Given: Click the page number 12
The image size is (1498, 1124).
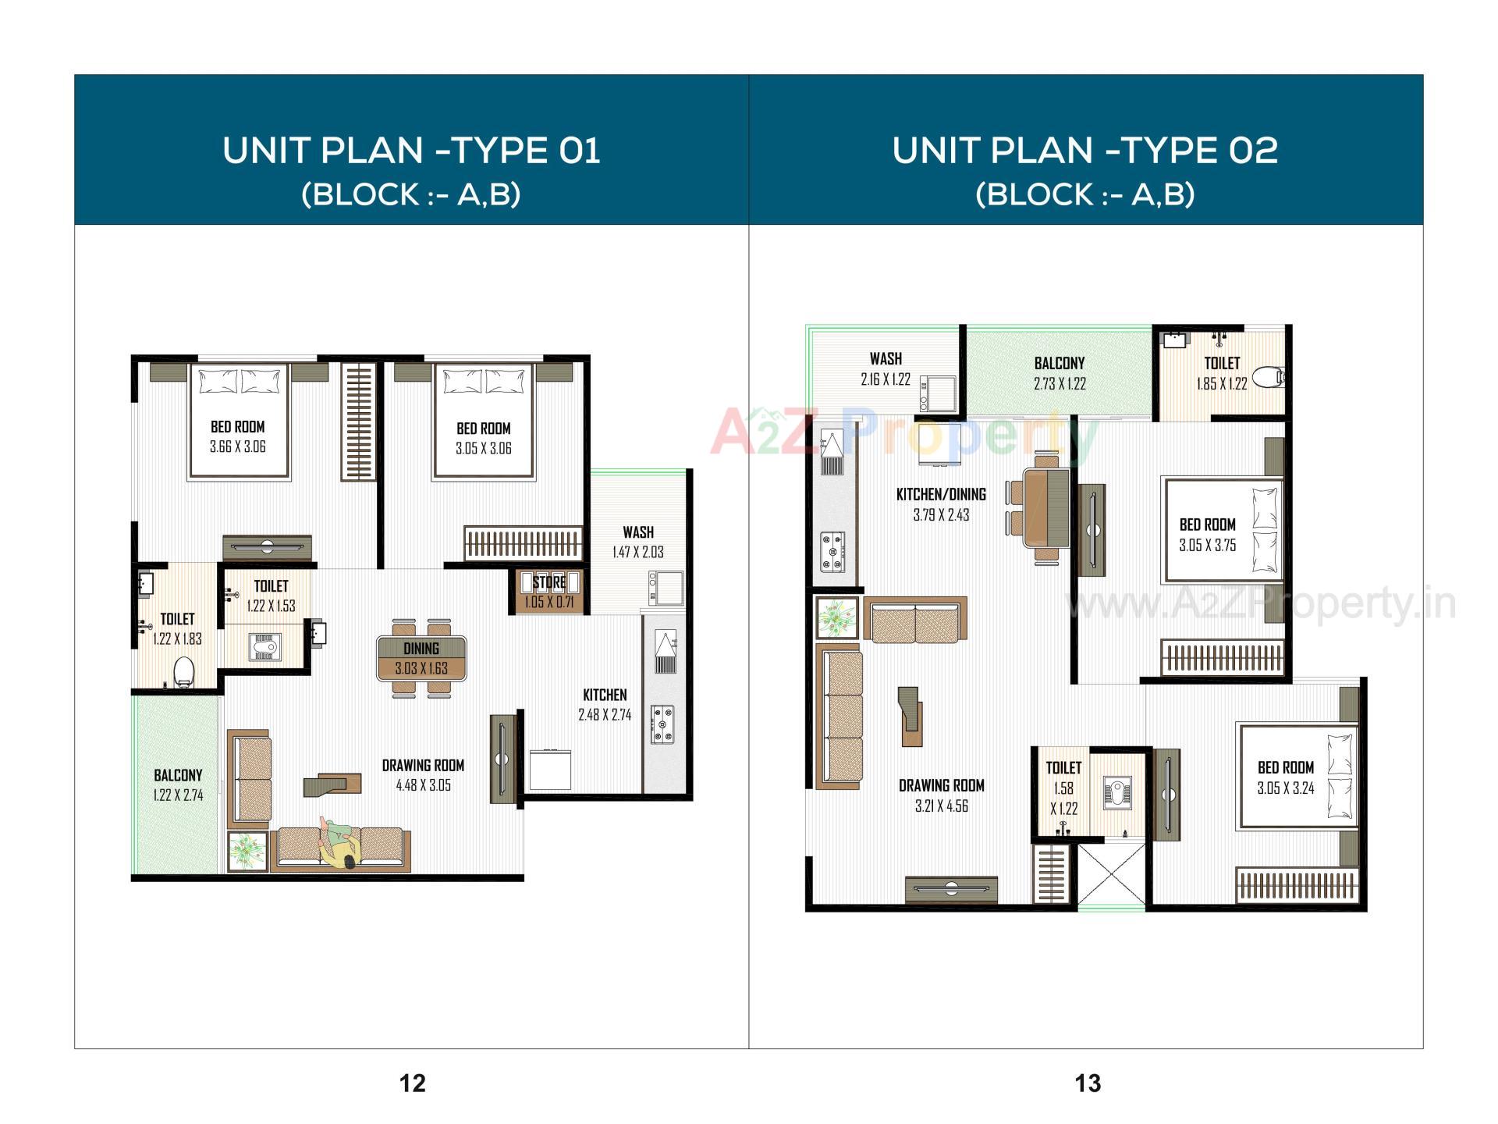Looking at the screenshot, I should point(413,1083).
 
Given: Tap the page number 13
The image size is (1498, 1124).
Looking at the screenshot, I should point(1088,1083).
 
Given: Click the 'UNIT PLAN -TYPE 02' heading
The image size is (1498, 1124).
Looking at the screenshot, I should point(1085,150).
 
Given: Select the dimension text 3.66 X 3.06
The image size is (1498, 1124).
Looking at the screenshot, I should point(238,447).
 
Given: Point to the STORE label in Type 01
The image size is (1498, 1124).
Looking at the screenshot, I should point(549,582).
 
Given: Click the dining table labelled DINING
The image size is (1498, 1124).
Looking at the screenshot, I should point(421,658).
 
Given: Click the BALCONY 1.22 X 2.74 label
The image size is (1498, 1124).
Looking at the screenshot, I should point(178,784).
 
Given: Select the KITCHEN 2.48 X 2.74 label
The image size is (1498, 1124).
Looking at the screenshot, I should point(605,704).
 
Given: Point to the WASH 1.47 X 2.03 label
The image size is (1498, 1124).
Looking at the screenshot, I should point(638,542).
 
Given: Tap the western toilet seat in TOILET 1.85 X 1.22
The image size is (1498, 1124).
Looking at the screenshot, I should point(1272,379).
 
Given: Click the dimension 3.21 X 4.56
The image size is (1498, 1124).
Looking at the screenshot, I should point(942,806).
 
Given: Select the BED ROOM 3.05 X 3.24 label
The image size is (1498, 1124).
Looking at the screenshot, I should point(1285,777).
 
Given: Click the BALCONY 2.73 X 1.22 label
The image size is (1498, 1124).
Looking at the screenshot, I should point(1060,373).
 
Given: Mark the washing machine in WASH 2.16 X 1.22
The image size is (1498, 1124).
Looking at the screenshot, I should point(934,393).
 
